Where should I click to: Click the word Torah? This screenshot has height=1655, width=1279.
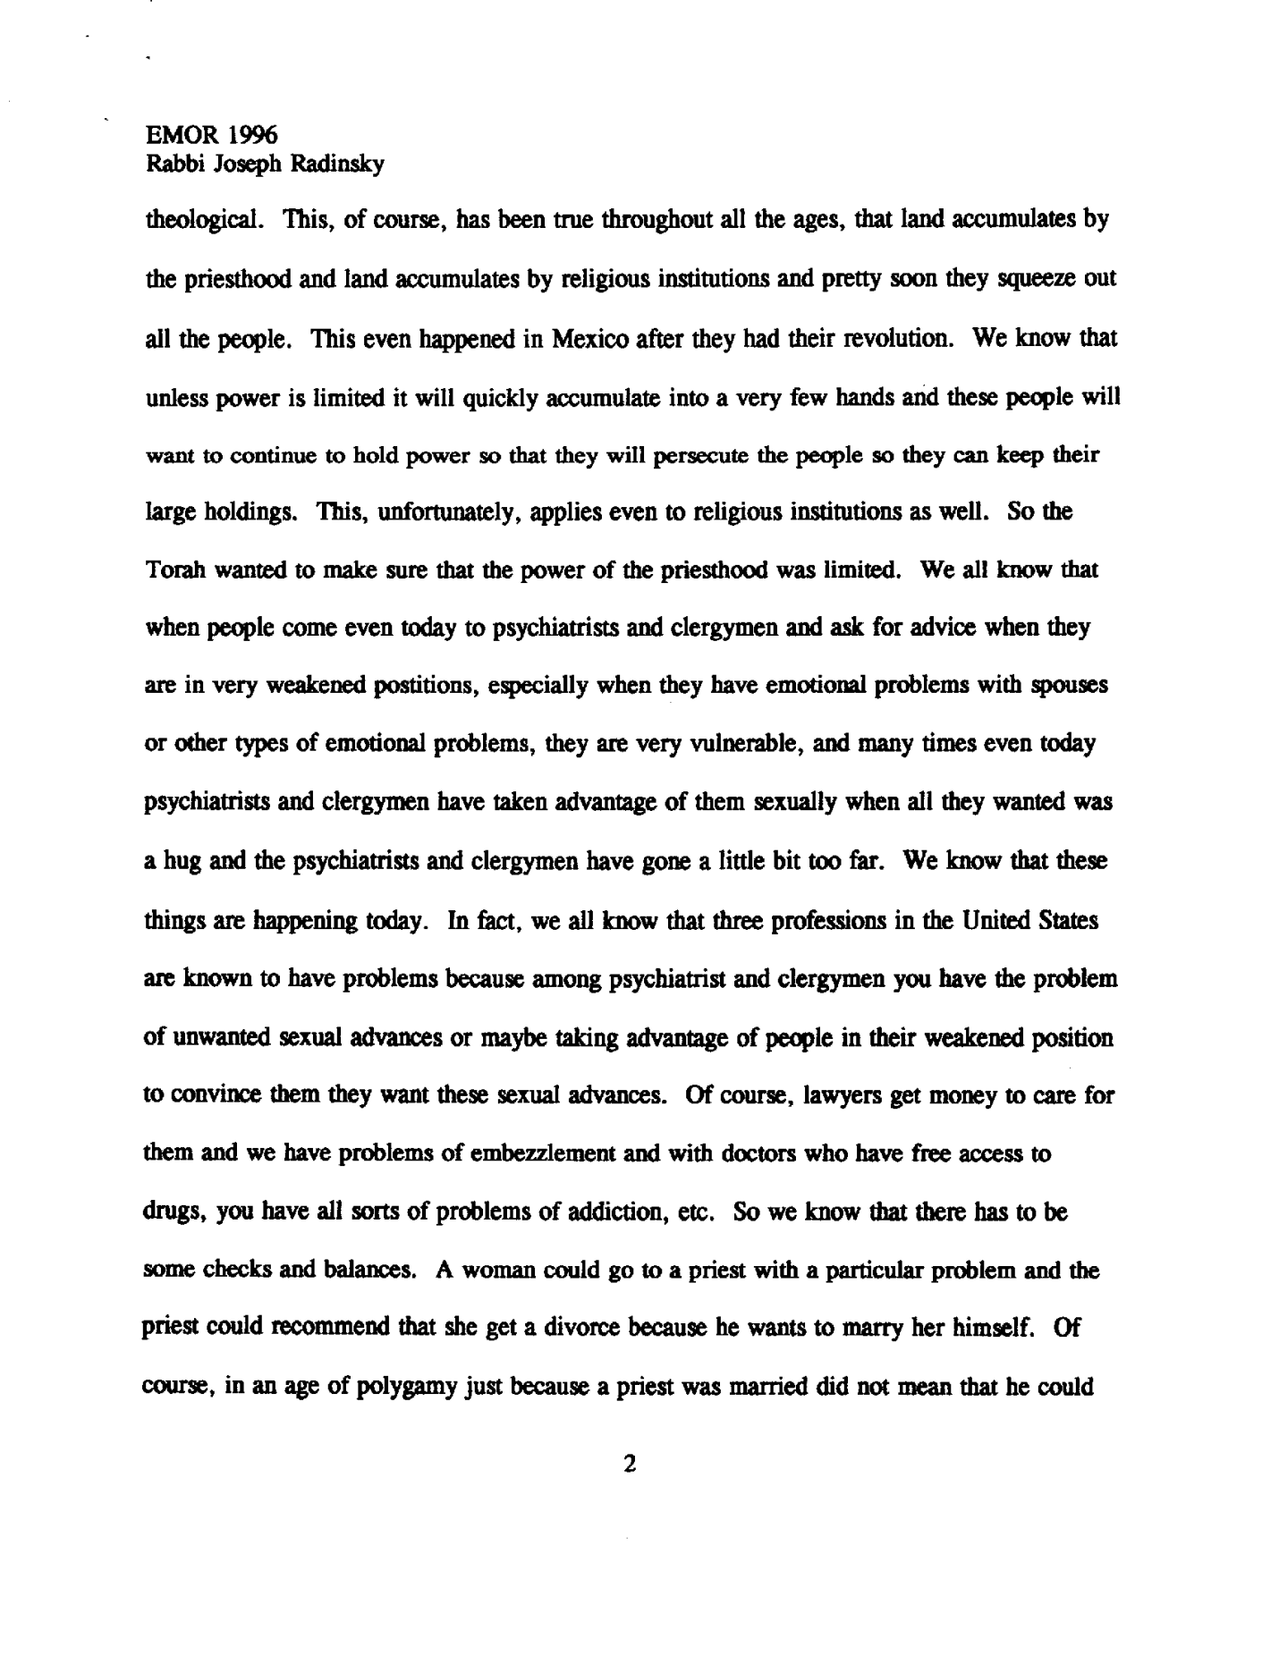pyautogui.click(x=175, y=570)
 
